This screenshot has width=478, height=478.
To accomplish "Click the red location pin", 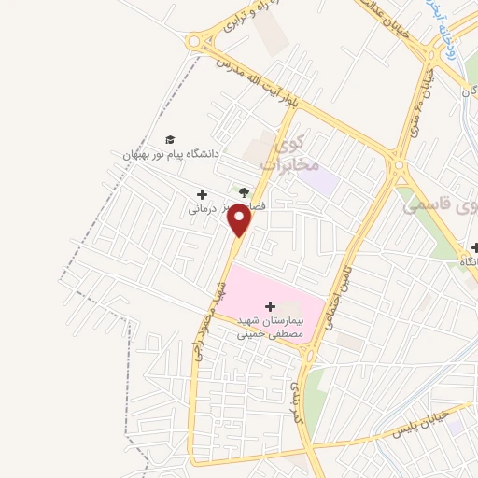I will [240, 219].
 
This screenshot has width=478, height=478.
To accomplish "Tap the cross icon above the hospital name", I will [271, 305].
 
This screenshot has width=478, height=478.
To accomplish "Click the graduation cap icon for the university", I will [169, 139].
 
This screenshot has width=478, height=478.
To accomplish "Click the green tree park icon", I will [244, 192].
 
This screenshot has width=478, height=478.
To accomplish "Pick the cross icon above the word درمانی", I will [202, 194].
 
